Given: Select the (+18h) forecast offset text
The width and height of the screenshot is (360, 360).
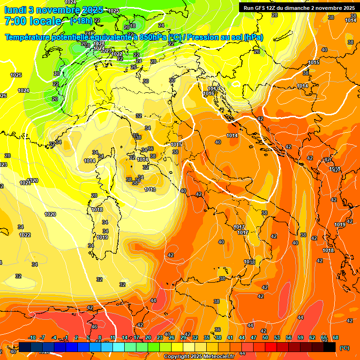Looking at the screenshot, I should [81, 21].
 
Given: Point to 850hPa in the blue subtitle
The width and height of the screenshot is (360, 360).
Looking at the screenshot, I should [153, 37].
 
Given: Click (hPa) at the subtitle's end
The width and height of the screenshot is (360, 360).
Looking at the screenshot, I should [254, 37].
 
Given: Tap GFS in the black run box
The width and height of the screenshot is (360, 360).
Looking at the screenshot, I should [263, 8].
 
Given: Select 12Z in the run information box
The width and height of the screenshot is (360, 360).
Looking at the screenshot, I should [276, 8].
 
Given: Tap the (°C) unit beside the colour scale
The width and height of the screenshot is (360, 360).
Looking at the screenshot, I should [344, 348].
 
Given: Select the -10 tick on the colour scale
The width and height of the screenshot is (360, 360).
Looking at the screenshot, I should [32, 337].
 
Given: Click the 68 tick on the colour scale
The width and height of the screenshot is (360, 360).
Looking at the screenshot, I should [336, 337].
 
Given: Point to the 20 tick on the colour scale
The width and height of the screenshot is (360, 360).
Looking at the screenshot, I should [148, 337].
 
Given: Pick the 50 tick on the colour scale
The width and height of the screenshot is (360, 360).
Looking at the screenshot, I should [265, 337].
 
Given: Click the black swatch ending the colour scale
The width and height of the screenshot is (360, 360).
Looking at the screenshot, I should [330, 347].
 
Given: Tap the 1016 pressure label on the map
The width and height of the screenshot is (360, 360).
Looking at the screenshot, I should [209, 93].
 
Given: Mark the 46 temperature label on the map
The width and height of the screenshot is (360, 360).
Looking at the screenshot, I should [94, 327].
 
